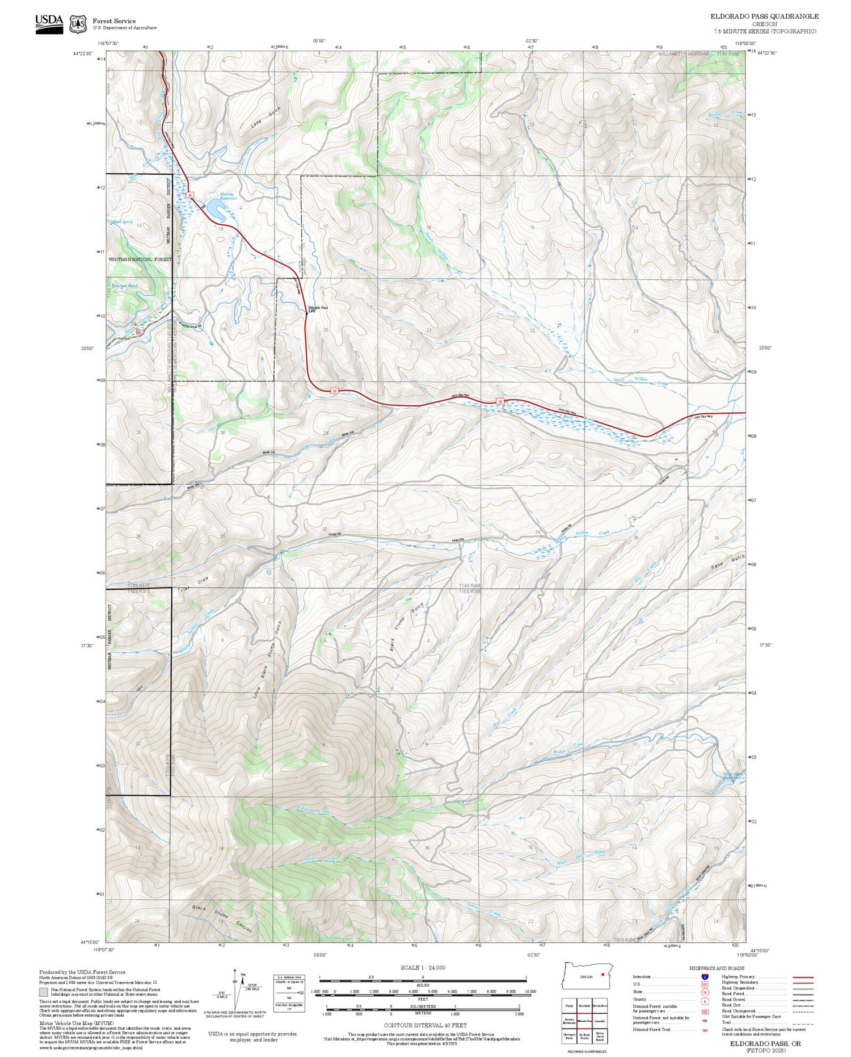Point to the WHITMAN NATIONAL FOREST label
click(x=140, y=259)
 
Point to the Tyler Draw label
click(x=193, y=584)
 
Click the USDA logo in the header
click(x=49, y=24)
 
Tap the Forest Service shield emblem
click(x=78, y=24)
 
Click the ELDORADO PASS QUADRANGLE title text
click(x=764, y=16)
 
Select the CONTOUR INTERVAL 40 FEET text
click(x=425, y=1025)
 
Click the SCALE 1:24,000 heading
click(x=423, y=967)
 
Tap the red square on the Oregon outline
click(x=603, y=975)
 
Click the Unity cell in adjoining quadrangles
click(x=568, y=1005)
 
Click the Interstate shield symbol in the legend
click(x=705, y=976)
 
